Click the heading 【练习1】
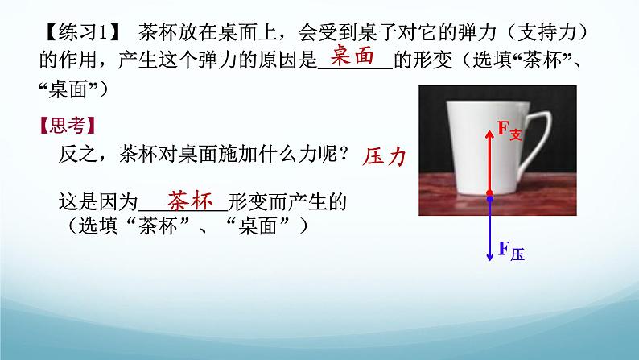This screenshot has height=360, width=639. pos(80,32)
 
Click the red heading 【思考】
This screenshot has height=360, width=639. pos(68,126)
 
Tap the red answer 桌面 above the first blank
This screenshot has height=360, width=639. pos(352,55)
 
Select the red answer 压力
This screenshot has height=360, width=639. pos(385,156)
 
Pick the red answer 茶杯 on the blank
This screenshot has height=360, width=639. pos(190,201)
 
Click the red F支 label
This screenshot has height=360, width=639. pos(509,130)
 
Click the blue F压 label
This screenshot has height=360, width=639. pos(511,250)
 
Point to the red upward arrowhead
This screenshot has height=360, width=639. pos(490,134)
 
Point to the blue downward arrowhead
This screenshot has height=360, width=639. pos(490,256)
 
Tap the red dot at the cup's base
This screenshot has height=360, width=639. pos(490,192)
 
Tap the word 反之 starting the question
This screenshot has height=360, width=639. pos(78,155)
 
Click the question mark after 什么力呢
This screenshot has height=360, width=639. pos(344,155)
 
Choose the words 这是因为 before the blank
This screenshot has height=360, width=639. pos(98,202)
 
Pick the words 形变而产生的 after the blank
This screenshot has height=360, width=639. pos(287,202)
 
